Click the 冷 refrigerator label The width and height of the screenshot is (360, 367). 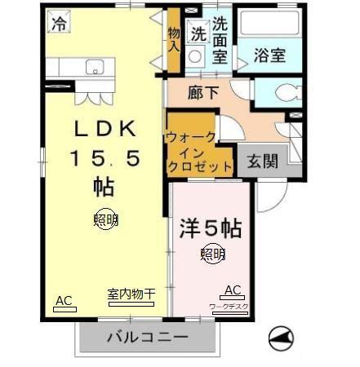tap(58, 25)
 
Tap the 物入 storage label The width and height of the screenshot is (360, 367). tap(174, 38)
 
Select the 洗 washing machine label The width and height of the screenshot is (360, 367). tap(198, 34)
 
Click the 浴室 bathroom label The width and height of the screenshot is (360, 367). tap(269, 55)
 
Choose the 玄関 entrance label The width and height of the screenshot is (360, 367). tap(262, 160)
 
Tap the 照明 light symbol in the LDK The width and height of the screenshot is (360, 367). tap(104, 219)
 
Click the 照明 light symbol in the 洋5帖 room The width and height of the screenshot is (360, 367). tap(212, 254)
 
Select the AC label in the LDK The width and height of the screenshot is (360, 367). tap(64, 300)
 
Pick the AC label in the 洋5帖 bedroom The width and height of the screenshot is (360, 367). tap(232, 290)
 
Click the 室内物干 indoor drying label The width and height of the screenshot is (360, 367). tap(131, 294)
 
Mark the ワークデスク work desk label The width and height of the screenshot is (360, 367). tap(229, 306)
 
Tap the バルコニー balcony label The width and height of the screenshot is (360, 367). tap(148, 337)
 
